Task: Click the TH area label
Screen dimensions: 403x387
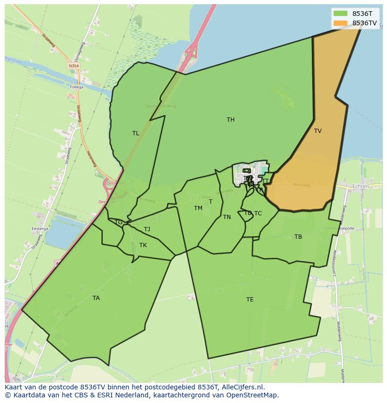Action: pos(230,120)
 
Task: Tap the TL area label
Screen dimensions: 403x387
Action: pos(136,133)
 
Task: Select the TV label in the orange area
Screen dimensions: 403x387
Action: pos(318,131)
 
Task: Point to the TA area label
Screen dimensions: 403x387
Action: pos(96,298)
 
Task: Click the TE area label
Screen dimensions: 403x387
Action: pos(250,300)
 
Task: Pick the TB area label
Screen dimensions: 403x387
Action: pos(298,237)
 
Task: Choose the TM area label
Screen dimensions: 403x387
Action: pos(198,208)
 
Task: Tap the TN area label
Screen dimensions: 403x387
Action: pos(227,217)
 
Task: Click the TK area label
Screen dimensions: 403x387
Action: pos(143,245)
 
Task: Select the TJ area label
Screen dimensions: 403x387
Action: pos(147,229)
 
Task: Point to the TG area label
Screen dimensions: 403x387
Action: pos(119,222)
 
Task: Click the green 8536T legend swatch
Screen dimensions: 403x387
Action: pos(341,14)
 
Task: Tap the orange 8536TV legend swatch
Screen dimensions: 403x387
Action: pos(341,23)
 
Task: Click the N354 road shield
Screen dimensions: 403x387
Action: pos(73,66)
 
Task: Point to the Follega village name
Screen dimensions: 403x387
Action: pos(76,87)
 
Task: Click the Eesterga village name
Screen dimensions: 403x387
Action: pos(40,228)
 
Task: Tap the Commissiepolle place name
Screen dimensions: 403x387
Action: pos(340,228)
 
